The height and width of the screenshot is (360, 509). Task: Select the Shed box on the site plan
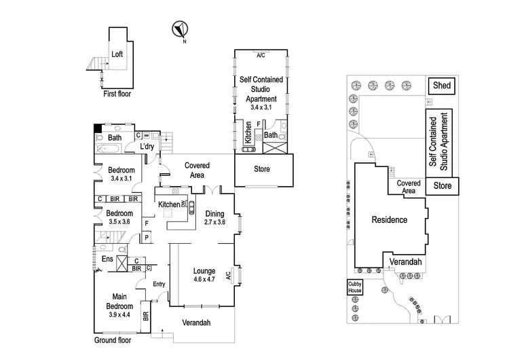[442, 86]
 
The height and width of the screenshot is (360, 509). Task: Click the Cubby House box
[355, 287]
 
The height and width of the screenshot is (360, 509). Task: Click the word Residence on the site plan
[389, 219]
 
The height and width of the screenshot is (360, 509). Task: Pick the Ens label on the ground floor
[107, 259]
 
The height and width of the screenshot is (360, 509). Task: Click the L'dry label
[149, 146]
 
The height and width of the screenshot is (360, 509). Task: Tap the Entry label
[159, 284]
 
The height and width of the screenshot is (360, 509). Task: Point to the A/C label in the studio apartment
[261, 54]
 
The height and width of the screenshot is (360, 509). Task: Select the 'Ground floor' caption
[113, 339]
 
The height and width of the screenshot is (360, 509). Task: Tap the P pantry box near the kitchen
[147, 238]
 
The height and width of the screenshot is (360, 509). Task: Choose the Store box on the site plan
[442, 185]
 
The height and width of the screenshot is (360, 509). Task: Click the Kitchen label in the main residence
[168, 204]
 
